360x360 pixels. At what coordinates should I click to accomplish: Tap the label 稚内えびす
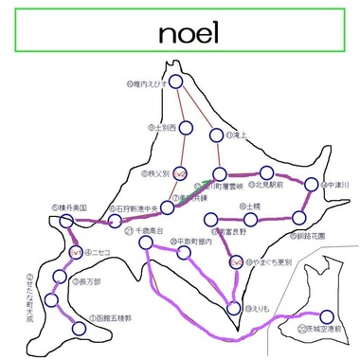pos(146,84)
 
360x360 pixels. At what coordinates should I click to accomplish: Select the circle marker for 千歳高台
pos(146,242)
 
